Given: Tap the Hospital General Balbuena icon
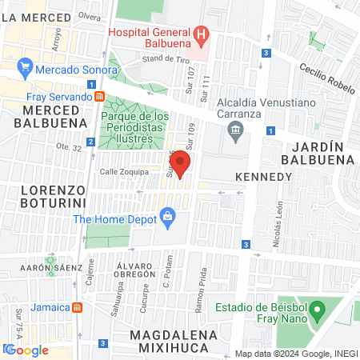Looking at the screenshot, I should coord(202,35).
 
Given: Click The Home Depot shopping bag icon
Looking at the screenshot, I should coord(167,215).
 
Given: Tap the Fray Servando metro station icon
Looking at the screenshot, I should coord(99,97).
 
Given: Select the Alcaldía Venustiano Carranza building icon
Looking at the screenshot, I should coord(234,130).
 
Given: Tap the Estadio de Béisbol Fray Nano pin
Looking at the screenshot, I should coord(318,308).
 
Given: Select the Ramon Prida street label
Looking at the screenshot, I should coord(212,298).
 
